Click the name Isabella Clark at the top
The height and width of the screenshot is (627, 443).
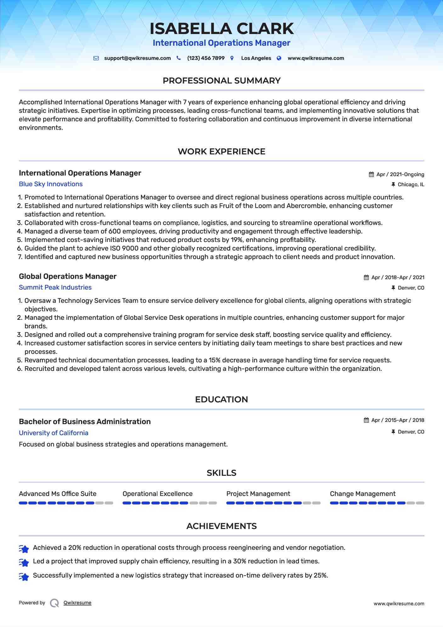(222, 29)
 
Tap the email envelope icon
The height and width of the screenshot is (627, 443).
(96, 58)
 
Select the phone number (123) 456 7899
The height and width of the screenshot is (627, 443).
(206, 58)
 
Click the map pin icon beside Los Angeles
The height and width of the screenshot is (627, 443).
(232, 58)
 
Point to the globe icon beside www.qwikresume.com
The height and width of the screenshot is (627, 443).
(279, 58)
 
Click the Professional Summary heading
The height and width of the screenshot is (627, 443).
(221, 81)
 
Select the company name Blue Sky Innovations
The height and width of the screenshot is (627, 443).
(51, 184)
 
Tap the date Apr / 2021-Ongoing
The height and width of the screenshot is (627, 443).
(400, 175)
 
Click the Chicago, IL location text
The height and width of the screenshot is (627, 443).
(411, 185)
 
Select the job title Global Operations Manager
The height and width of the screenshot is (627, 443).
(68, 276)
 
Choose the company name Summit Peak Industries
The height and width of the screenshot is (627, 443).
(55, 287)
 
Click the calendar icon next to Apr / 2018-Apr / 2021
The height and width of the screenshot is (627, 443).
(366, 278)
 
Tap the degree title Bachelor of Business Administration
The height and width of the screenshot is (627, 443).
(85, 422)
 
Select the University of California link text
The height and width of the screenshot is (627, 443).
(54, 433)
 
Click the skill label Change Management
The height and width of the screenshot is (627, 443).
(362, 494)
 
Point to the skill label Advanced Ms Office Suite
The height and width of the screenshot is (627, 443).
(58, 494)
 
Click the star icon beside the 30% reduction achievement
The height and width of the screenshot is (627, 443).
(24, 562)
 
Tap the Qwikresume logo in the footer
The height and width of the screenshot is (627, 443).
(54, 603)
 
